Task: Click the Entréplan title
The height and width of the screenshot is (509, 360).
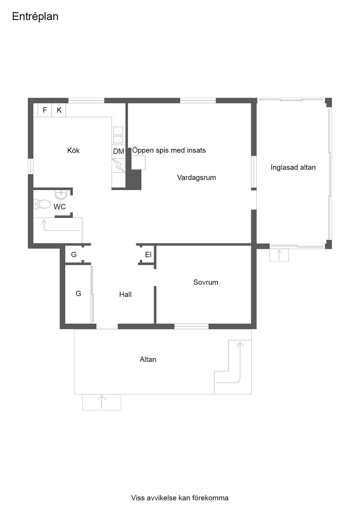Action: pyautogui.click(x=35, y=17)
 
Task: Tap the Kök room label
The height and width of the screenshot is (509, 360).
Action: pyautogui.click(x=73, y=150)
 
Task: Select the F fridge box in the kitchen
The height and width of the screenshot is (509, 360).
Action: pyautogui.click(x=45, y=110)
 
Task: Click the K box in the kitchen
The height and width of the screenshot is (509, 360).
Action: pyautogui.click(x=59, y=110)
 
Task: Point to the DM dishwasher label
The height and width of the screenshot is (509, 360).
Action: pyautogui.click(x=119, y=151)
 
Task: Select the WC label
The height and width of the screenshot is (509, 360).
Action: pyautogui.click(x=60, y=207)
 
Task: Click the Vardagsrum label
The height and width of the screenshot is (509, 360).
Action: pyautogui.click(x=197, y=178)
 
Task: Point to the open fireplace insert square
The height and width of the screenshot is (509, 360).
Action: pyautogui.click(x=138, y=163)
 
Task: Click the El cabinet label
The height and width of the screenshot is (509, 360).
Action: pyautogui.click(x=148, y=255)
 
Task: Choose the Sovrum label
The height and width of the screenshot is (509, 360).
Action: pyautogui.click(x=206, y=282)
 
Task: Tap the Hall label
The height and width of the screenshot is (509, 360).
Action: pyautogui.click(x=125, y=295)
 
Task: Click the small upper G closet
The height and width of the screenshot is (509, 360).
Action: pyautogui.click(x=74, y=255)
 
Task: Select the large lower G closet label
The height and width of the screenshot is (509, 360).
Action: pyautogui.click(x=78, y=294)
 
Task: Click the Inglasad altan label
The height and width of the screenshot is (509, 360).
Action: pyautogui.click(x=293, y=167)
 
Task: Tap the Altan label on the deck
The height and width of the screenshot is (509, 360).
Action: pyautogui.click(x=148, y=360)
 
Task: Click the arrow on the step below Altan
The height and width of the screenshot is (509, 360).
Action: pyautogui.click(x=102, y=402)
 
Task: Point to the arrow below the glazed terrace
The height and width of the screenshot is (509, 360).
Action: pyautogui.click(x=279, y=255)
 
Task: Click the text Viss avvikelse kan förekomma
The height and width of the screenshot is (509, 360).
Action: pyautogui.click(x=180, y=498)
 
